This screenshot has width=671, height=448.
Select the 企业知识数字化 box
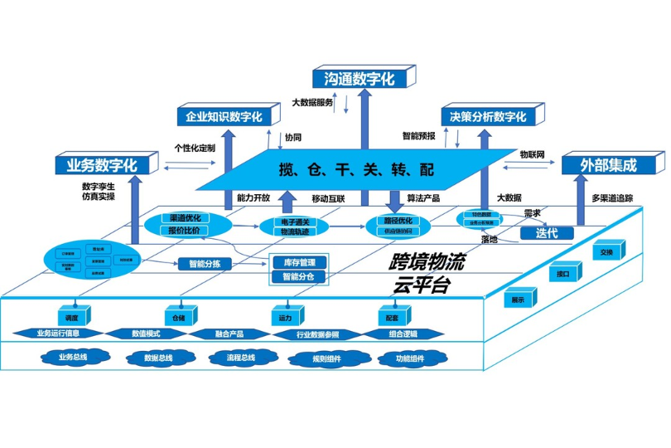[223, 117]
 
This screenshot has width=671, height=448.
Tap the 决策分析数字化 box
[488, 117]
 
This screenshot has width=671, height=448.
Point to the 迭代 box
[548, 233]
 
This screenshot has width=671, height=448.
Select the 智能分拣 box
[204, 264]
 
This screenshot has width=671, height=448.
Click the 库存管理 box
[299, 262]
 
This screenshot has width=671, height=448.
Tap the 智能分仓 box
[299, 276]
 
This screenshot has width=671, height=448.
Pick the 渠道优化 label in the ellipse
[185, 217]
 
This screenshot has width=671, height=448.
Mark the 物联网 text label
[532, 154]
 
